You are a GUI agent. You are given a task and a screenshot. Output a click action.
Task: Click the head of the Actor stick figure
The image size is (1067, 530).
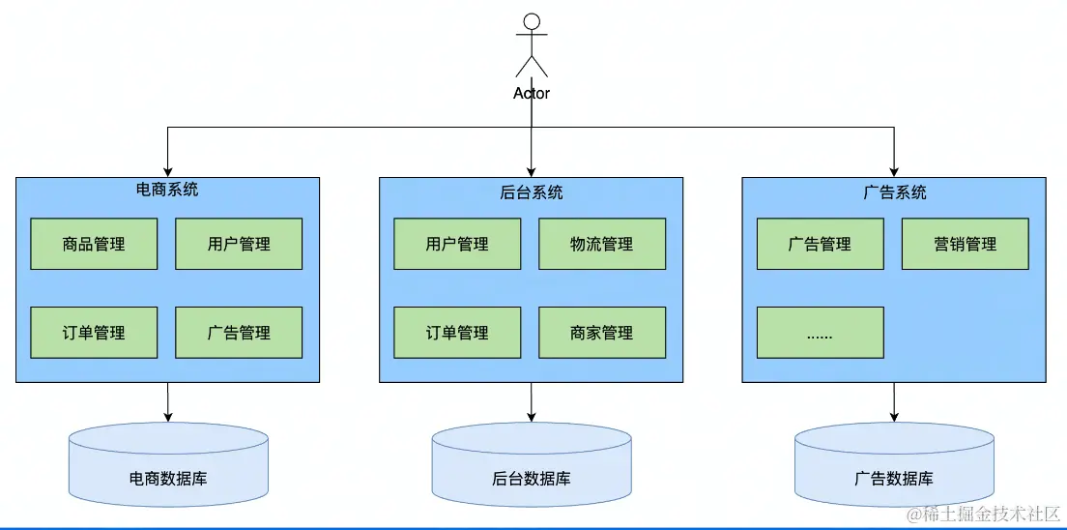pyautogui.click(x=531, y=21)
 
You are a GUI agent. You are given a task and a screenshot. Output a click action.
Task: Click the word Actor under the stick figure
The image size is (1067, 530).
pyautogui.click(x=531, y=94)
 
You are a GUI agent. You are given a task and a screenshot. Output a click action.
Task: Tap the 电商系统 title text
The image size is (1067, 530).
pyautogui.click(x=167, y=190)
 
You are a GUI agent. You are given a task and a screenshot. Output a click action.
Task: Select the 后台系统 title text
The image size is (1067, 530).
pyautogui.click(x=531, y=192)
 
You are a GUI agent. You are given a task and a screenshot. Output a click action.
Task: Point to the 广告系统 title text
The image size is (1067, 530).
pyautogui.click(x=894, y=192)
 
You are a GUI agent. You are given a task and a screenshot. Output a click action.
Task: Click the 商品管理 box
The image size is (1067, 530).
pyautogui.click(x=94, y=244)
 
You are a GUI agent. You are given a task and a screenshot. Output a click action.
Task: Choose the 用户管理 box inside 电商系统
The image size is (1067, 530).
pyautogui.click(x=239, y=244)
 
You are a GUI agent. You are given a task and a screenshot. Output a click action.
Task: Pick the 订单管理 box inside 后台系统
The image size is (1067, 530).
pyautogui.click(x=457, y=333)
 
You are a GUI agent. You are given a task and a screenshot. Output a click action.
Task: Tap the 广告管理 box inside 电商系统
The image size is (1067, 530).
pyautogui.click(x=239, y=333)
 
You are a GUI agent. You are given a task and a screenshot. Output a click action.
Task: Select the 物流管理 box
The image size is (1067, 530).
pyautogui.click(x=602, y=244)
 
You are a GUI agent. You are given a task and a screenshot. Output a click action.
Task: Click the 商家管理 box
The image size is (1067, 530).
pyautogui.click(x=602, y=333)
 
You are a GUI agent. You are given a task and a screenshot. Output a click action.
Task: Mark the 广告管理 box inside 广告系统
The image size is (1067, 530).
pyautogui.click(x=820, y=244)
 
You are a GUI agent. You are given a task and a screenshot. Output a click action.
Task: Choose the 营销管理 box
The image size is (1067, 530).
pyautogui.click(x=965, y=244)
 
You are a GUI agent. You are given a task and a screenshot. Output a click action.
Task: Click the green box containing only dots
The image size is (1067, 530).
pyautogui.click(x=820, y=333)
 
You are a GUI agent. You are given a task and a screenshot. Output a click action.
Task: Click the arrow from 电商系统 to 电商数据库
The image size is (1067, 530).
pyautogui.click(x=168, y=401)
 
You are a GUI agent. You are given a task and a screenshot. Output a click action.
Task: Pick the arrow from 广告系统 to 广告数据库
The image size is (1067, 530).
pyautogui.click(x=894, y=401)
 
